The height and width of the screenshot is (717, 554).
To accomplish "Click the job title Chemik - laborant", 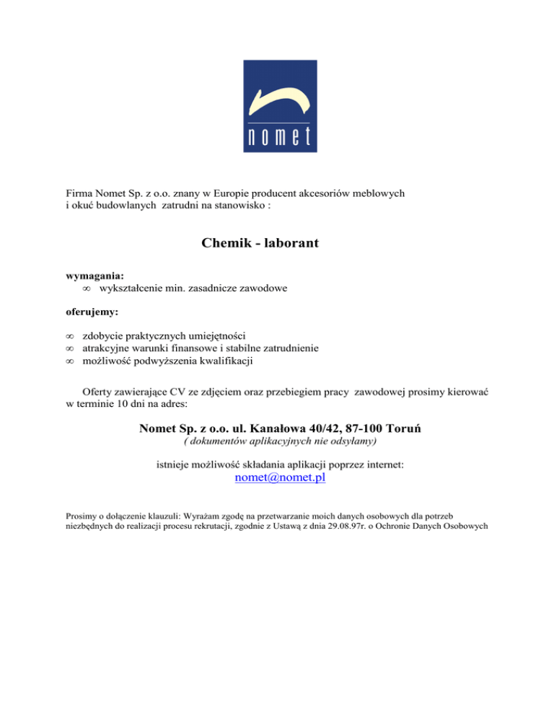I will (261, 244).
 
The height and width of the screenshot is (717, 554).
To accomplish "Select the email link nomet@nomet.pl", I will (281, 478).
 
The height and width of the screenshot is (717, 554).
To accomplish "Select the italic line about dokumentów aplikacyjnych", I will (281, 441).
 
